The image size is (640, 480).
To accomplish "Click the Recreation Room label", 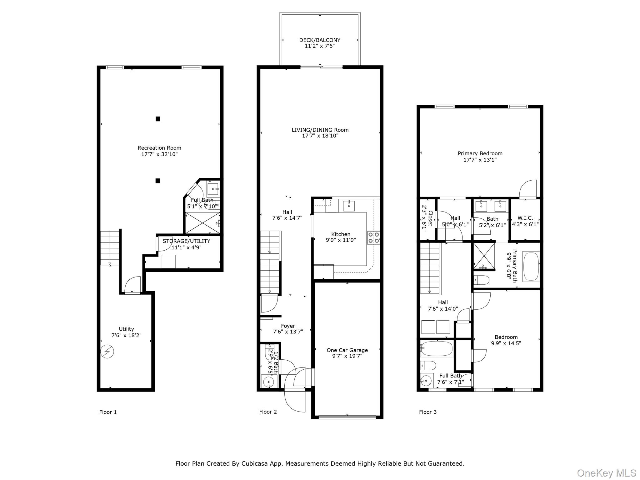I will click(159, 148).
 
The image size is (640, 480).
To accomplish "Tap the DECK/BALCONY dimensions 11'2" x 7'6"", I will click(320, 46).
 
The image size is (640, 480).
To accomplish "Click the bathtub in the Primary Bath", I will click(531, 267).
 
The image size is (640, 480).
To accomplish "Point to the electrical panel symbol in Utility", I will click(107, 352).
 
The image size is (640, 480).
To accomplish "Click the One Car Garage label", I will click(347, 350).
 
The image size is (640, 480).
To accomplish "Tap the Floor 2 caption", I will click(268, 412).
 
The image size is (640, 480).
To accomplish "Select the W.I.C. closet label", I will click(525, 218).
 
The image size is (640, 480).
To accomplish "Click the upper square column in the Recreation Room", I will click(158, 119).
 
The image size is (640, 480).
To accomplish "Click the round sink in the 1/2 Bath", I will click(268, 382).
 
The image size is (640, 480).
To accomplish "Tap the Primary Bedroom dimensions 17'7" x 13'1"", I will click(480, 160).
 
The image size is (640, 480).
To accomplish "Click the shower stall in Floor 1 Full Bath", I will click(202, 223).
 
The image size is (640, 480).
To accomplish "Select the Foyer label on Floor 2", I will click(288, 326).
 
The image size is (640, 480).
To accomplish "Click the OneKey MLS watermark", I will click(606, 473).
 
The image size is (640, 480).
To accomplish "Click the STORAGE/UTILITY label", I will click(186, 241).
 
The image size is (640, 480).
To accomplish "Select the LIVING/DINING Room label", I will click(320, 130).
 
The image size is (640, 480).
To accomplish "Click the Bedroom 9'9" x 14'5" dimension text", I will click(506, 343).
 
